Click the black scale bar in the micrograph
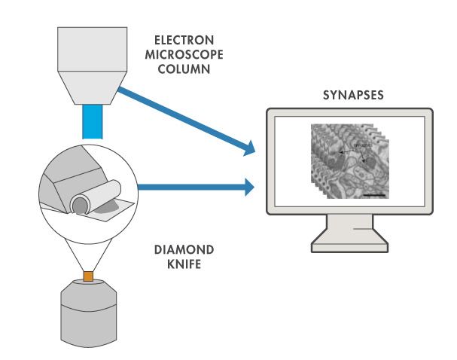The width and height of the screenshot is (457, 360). pos(374,194)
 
